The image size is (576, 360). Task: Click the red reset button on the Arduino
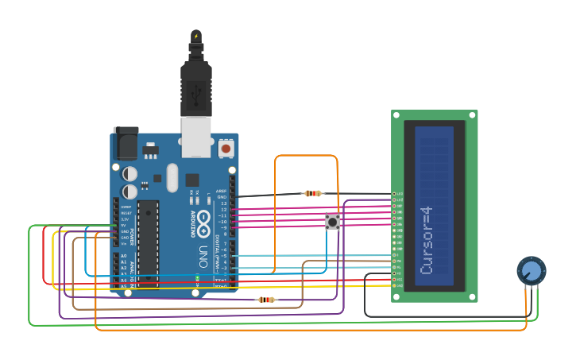coord(226,149)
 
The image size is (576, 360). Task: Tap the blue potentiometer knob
coord(532,271)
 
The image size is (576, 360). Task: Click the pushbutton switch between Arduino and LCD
coord(333,222)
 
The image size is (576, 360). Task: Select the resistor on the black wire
coord(314,193)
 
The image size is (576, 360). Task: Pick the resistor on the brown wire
coord(266,300)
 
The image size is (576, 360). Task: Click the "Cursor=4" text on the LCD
coord(427,240)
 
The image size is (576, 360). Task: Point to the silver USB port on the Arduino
coord(195,136)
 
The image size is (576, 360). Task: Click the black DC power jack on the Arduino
coord(126,142)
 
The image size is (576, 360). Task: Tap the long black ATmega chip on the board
coord(148,242)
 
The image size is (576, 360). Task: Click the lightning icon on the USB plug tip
coord(196,36)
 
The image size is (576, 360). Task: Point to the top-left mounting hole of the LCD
coord(396,116)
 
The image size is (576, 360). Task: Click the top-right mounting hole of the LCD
coord(472,116)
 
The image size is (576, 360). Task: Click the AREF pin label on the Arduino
coord(222,192)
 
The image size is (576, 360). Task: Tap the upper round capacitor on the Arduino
coord(130,173)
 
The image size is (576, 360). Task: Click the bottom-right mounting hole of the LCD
coord(472,296)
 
